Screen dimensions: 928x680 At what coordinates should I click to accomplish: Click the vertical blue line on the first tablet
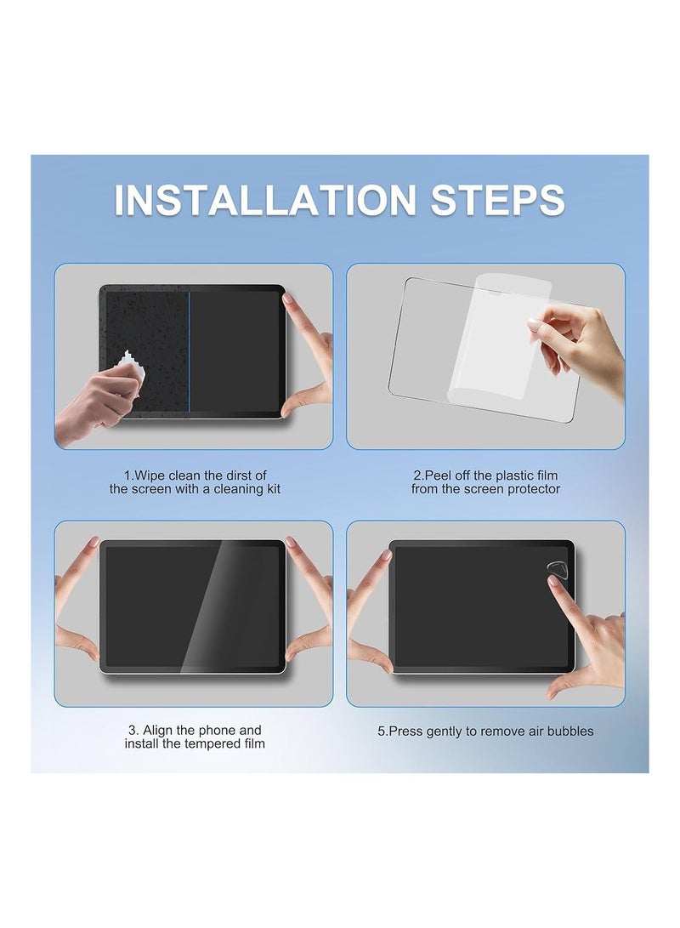(x=189, y=351)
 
